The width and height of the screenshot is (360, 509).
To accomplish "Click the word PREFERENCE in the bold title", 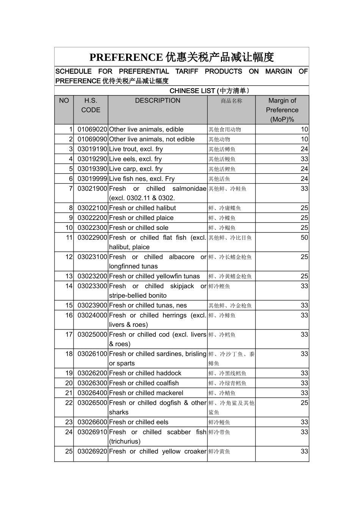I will click(x=126, y=57).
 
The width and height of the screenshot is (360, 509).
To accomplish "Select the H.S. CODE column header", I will click(x=91, y=105).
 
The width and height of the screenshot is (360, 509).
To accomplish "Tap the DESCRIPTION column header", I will click(x=158, y=101).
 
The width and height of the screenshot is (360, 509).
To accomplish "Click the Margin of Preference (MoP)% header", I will click(x=282, y=110).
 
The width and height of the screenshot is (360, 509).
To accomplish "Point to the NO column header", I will click(x=64, y=101).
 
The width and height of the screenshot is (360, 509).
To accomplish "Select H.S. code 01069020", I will click(x=92, y=130).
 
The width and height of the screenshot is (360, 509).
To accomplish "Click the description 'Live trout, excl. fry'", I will click(x=136, y=149).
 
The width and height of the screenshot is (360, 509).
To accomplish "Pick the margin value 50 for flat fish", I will click(x=304, y=238).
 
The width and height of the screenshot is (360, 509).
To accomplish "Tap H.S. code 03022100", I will click(x=92, y=208).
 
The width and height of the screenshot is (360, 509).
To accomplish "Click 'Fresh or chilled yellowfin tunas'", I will click(x=154, y=276).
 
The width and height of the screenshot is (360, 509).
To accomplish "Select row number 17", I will click(x=69, y=335).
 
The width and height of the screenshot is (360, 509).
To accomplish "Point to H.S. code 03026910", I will click(x=92, y=432).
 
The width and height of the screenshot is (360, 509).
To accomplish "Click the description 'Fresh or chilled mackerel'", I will click(x=146, y=393).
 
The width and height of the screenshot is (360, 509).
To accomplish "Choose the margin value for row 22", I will click(x=304, y=403).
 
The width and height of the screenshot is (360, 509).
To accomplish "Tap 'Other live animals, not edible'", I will click(x=152, y=139).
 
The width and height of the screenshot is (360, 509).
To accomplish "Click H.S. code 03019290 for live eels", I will click(x=92, y=159).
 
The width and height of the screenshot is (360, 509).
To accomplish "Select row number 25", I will click(x=69, y=451).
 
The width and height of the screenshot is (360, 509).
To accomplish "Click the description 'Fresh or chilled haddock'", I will click(x=145, y=373).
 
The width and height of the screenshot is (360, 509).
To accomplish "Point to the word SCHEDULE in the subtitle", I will click(x=74, y=72).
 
